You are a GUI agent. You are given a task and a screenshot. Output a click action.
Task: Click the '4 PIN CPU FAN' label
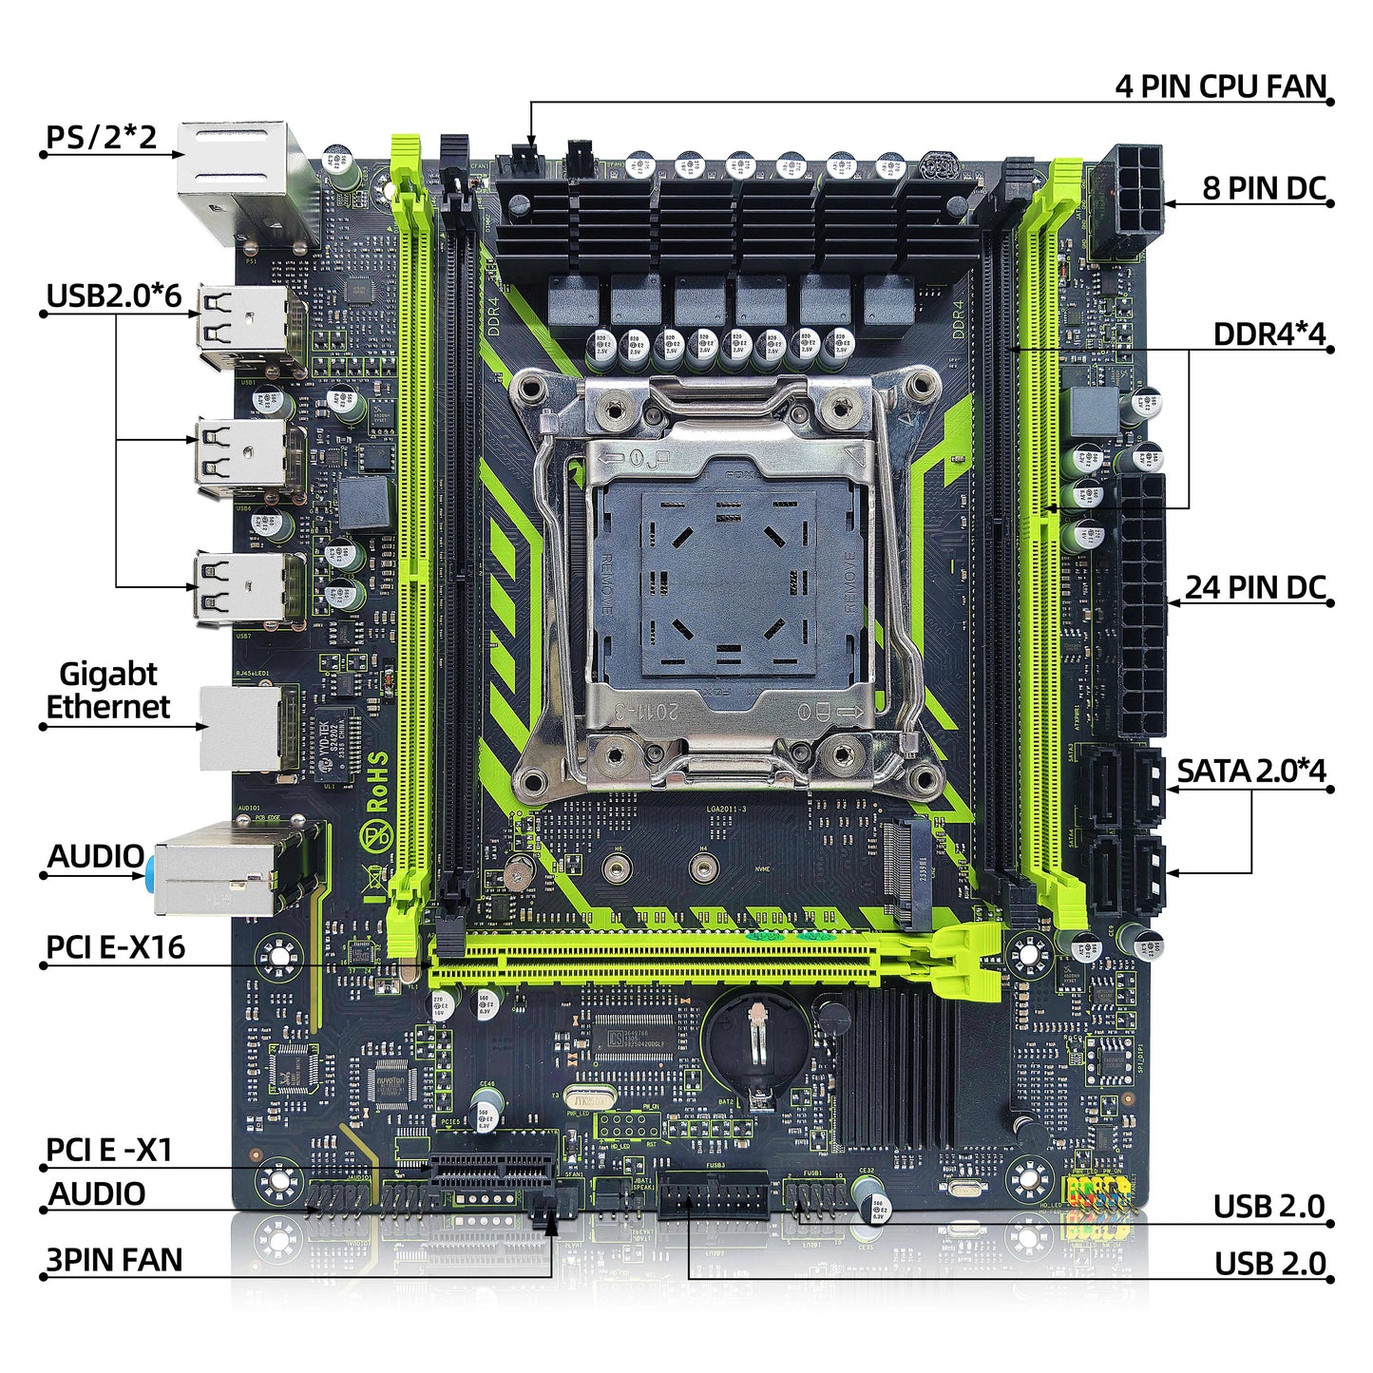1220,86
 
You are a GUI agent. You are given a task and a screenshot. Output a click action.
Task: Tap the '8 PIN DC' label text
1263,188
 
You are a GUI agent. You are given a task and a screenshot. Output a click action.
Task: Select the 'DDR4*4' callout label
1268,334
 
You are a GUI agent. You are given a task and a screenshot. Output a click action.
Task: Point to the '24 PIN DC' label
1254,587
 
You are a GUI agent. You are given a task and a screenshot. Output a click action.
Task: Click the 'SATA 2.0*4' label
1250,771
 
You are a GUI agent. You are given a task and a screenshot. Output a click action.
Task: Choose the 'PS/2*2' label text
102,137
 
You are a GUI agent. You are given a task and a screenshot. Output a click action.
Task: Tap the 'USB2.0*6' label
113,296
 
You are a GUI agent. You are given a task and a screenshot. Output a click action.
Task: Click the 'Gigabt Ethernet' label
107,691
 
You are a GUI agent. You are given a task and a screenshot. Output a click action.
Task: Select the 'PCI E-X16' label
115,947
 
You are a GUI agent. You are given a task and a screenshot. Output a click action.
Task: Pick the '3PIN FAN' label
114,1260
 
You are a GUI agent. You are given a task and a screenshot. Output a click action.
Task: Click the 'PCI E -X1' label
109,1150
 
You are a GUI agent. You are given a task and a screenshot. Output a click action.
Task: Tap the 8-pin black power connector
1126,200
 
